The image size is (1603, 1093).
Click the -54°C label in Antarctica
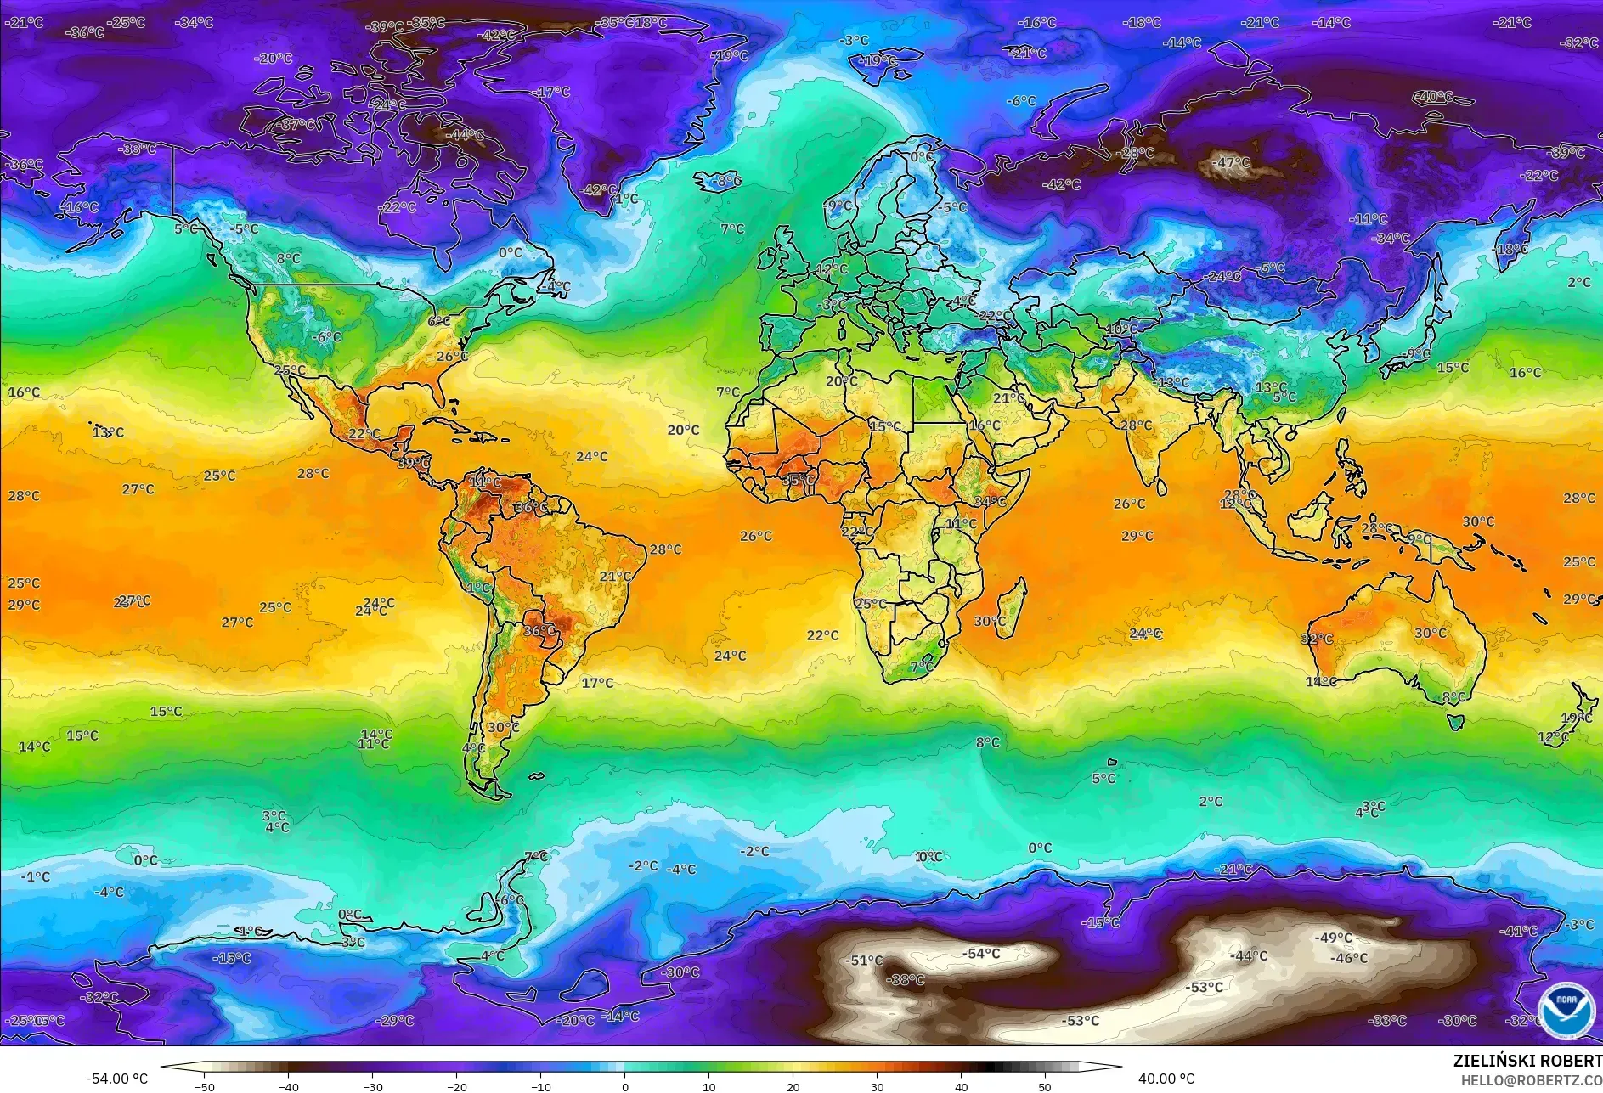pyautogui.click(x=981, y=954)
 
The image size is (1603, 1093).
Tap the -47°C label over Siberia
pyautogui.click(x=1233, y=162)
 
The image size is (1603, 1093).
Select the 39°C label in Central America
pyautogui.click(x=414, y=463)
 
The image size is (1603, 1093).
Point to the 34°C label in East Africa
pyautogui.click(x=990, y=501)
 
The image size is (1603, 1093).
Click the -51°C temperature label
pyautogui.click(x=865, y=961)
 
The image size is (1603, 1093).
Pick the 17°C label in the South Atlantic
pyautogui.click(x=597, y=683)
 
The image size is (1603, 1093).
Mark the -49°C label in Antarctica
pyautogui.click(x=1333, y=938)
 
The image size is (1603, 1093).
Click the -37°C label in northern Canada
pyautogui.click(x=298, y=125)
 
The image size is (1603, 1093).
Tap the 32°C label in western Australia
pyautogui.click(x=1317, y=639)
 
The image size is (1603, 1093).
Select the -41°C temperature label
pyautogui.click(x=1519, y=931)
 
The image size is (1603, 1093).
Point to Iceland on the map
pyautogui.click(x=716, y=182)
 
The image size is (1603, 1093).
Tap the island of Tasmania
pyautogui.click(x=1455, y=722)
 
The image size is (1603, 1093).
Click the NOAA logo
pyautogui.click(x=1566, y=1009)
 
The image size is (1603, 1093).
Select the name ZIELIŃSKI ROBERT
pyautogui.click(x=1527, y=1061)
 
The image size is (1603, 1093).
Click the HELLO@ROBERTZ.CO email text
pyautogui.click(x=1531, y=1080)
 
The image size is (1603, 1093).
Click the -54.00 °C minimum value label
pyautogui.click(x=116, y=1079)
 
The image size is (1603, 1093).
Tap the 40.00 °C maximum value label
pyautogui.click(x=1166, y=1079)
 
